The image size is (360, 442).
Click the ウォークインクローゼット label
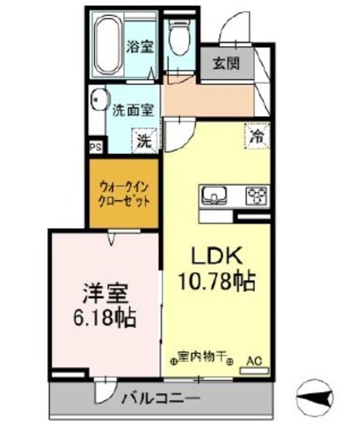(125, 193)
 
